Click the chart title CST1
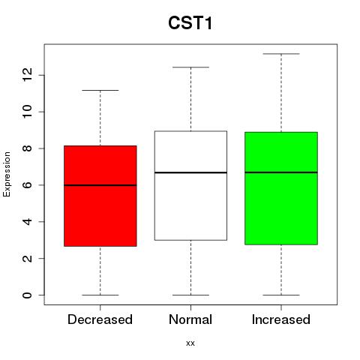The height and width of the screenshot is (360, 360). click(x=190, y=23)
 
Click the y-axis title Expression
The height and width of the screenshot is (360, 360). click(x=7, y=174)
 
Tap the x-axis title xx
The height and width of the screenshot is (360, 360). click(x=190, y=343)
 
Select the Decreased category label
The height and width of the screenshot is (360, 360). click(x=100, y=319)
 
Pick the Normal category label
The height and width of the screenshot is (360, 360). click(x=190, y=319)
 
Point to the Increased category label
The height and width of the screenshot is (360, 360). click(x=281, y=319)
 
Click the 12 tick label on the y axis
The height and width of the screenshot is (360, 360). click(x=27, y=75)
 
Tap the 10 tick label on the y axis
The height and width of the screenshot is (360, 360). click(x=27, y=112)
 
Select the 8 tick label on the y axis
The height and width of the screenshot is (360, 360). click(x=27, y=148)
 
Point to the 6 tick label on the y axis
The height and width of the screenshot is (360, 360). click(x=27, y=185)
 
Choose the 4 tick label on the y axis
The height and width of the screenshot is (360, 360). click(x=27, y=221)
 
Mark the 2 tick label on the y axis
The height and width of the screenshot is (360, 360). click(x=27, y=258)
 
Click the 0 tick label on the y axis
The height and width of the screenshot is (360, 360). click(x=27, y=295)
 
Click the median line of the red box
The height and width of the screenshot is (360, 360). click(x=100, y=185)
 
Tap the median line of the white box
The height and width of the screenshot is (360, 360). click(x=190, y=172)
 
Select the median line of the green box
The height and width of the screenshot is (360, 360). click(x=281, y=172)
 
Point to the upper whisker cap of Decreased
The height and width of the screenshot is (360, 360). click(x=100, y=90)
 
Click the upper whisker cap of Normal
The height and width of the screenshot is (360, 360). click(x=190, y=67)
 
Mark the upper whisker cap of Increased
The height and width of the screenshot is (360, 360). click(x=281, y=54)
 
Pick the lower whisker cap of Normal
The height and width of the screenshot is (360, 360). click(x=190, y=295)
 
